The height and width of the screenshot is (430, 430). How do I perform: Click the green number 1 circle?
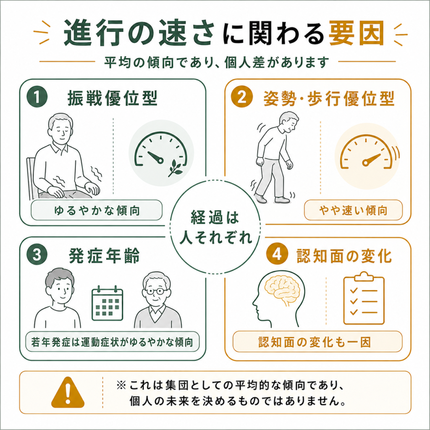pyautogui.click(x=37, y=97)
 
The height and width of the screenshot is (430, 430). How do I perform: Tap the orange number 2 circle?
pyautogui.click(x=241, y=97)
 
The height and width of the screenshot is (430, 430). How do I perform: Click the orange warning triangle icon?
pyautogui.click(x=68, y=393)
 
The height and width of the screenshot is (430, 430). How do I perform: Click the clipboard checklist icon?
pyautogui.click(x=364, y=298)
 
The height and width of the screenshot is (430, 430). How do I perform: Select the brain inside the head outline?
pyautogui.click(x=283, y=290)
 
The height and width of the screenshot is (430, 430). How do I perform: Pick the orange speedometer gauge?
pyautogui.click(x=366, y=152)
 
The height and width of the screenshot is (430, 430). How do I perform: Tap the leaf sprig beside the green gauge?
pyautogui.click(x=175, y=168)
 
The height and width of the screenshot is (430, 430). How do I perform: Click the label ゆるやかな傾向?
pyautogui.click(x=97, y=210)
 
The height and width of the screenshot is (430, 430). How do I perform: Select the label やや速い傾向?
pyautogui.click(x=353, y=210)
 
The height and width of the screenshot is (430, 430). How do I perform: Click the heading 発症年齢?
pyautogui.click(x=104, y=256)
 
